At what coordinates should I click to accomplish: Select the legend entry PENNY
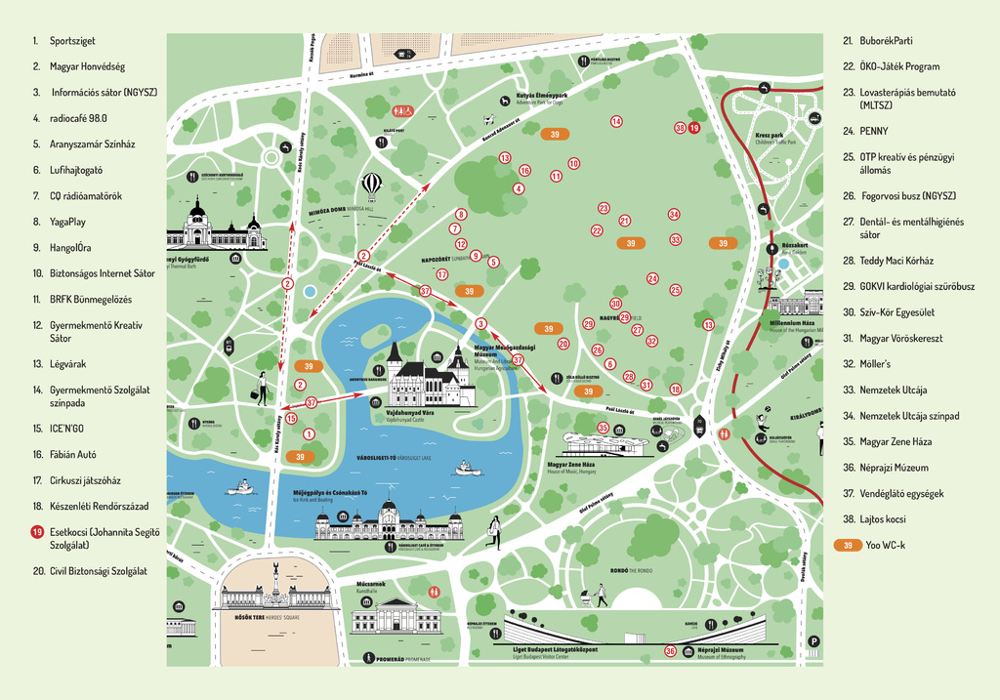(875, 130)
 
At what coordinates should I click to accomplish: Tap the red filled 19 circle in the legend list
(37, 532)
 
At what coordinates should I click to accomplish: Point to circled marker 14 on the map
(616, 121)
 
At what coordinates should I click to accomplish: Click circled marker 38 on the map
(680, 128)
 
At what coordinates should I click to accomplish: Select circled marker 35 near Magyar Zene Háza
(603, 428)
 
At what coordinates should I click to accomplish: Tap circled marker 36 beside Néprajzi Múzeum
(670, 651)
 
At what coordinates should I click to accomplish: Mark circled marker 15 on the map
(291, 418)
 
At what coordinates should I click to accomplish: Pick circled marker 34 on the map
(674, 214)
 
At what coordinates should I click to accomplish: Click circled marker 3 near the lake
(480, 323)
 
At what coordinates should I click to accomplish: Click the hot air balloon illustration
(372, 184)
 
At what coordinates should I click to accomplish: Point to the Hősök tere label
(242, 617)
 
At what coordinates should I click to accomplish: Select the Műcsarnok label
(371, 583)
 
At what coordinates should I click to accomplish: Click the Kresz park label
(769, 135)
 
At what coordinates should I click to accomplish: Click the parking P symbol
(813, 641)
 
